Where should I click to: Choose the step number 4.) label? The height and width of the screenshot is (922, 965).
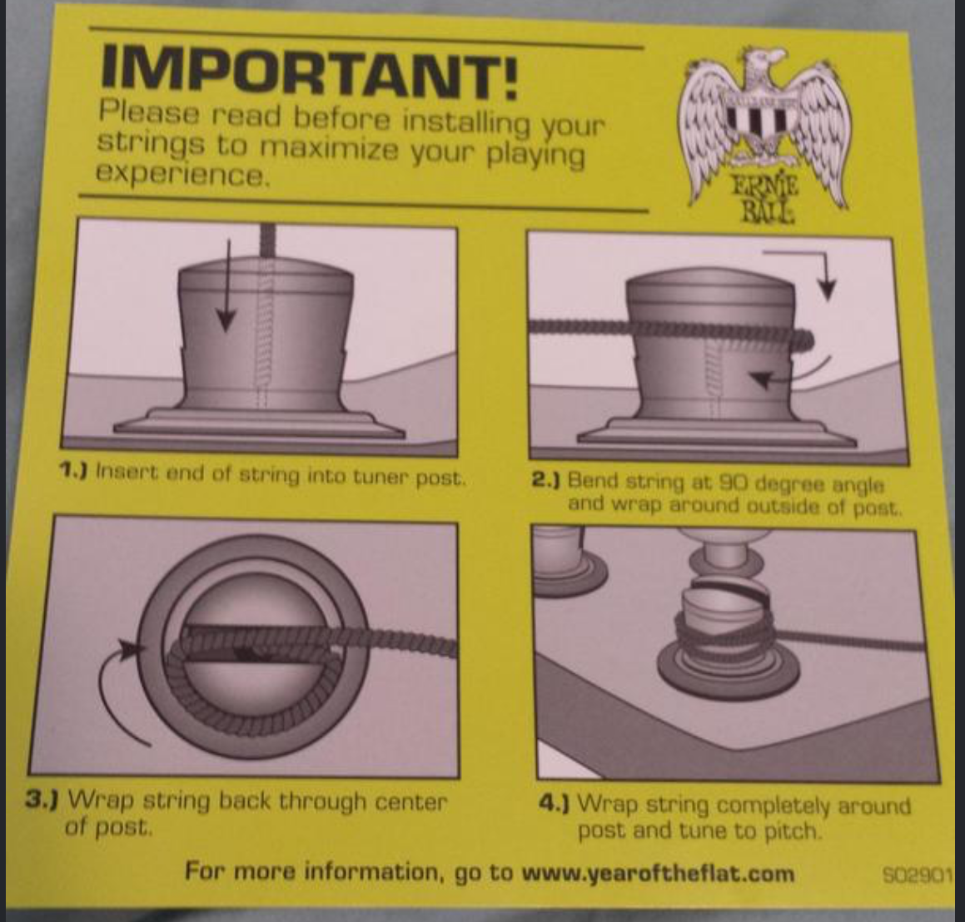tap(554, 803)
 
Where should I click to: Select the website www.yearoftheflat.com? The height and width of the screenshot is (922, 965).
tap(658, 874)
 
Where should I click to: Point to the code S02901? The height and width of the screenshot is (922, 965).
tap(917, 875)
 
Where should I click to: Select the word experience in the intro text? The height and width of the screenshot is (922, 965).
tap(182, 175)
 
